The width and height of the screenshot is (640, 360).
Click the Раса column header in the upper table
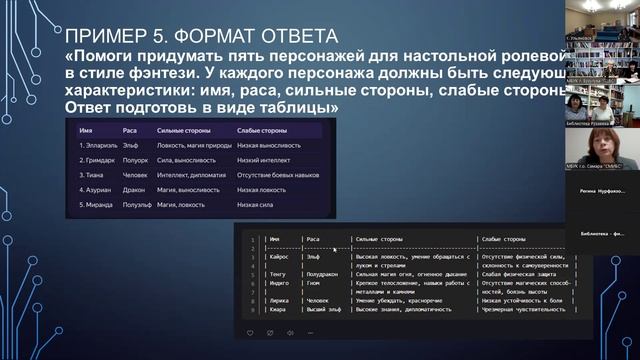[x=127, y=131]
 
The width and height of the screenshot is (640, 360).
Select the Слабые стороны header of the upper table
[x=261, y=131]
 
